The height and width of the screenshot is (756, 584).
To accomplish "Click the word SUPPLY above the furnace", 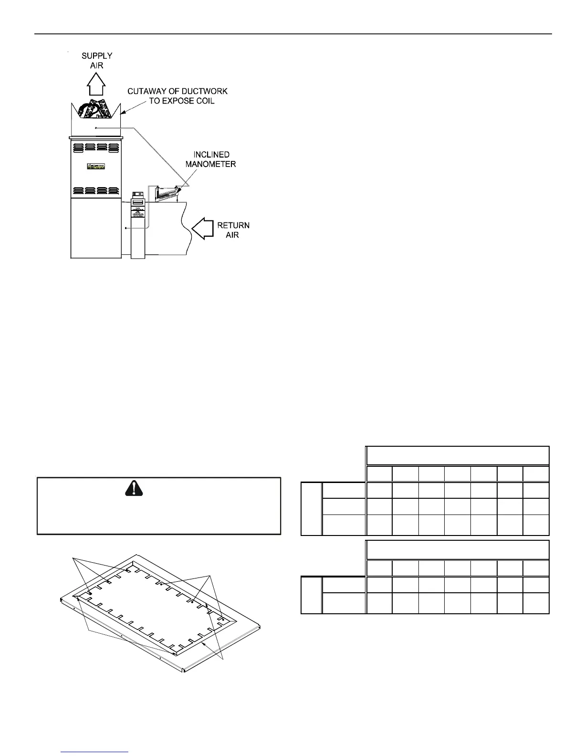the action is coord(97,56).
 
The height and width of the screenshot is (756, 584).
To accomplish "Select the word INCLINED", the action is coord(211,155).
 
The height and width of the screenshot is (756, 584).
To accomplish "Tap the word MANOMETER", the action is coord(210,164).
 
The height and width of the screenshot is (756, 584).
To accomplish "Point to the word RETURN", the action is coord(233,225).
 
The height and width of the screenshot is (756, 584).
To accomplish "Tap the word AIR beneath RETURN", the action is coord(233,235).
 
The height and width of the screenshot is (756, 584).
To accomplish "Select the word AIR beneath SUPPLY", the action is coord(97,65).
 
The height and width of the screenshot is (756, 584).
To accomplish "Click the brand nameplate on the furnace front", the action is coord(96,167).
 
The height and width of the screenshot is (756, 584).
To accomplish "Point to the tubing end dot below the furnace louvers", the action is coord(126,229).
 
